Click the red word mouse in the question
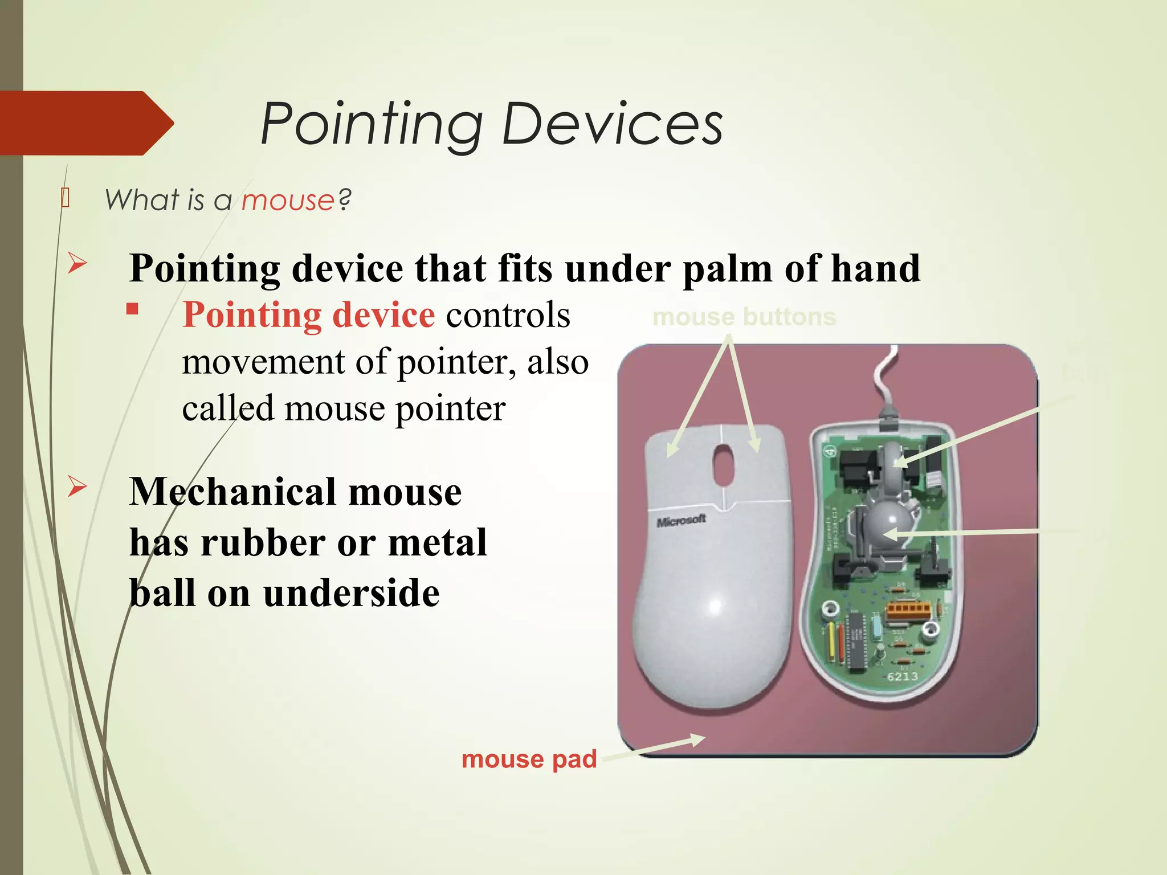tap(288, 201)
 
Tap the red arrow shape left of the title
tap(85, 123)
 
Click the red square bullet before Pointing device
tap(133, 309)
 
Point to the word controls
tap(508, 315)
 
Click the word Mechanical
tap(233, 492)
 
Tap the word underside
tap(352, 594)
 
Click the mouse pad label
tap(529, 759)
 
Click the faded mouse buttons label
tap(744, 317)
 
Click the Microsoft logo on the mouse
tap(681, 521)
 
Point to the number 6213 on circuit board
tap(903, 677)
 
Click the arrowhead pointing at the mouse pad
tap(697, 739)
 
